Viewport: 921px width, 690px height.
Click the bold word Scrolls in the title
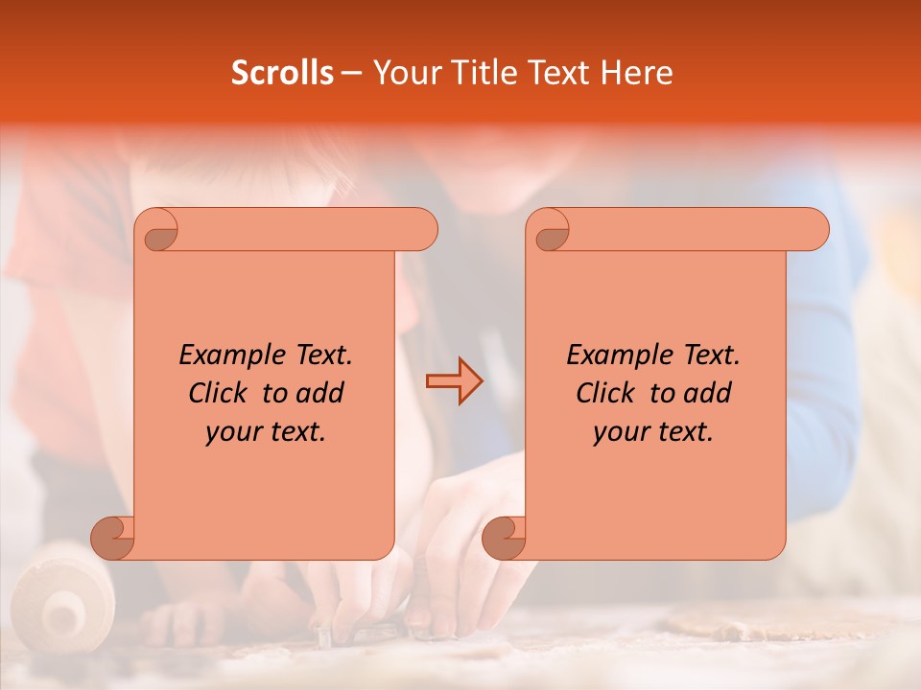point(282,73)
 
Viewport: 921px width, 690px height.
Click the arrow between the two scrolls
point(454,381)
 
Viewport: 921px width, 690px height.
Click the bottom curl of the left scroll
point(111,538)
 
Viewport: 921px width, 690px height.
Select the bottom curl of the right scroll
point(503,538)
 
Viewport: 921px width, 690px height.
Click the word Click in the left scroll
point(217,393)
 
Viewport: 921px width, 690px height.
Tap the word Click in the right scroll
point(604,393)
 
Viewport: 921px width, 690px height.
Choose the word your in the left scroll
point(233,432)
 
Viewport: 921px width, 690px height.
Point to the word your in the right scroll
point(621,432)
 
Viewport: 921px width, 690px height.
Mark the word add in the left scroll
point(319,393)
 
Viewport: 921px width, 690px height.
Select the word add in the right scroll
point(707,393)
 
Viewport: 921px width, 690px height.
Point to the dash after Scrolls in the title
point(351,73)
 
